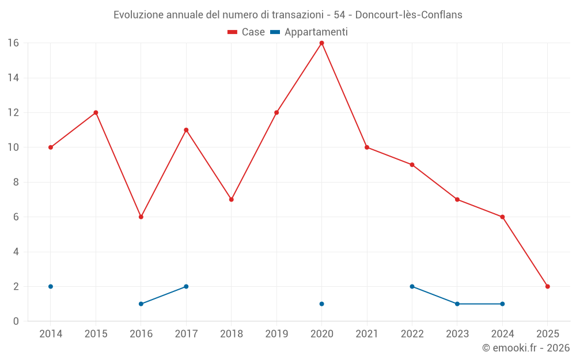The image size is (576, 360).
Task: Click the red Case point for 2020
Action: coord(321,43)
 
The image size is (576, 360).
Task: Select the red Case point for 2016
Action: coord(141,217)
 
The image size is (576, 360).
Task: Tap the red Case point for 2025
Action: coord(548,286)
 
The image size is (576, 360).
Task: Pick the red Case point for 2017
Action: coord(186,130)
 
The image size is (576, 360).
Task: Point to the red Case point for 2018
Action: coord(231,199)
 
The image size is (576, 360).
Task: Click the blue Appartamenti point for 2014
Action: coord(51,286)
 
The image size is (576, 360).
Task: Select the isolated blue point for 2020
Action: coord(321,304)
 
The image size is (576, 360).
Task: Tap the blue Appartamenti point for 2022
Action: coord(412,286)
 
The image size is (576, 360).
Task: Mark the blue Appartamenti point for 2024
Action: coord(502,304)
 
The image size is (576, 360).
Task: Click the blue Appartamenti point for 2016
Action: coord(141,304)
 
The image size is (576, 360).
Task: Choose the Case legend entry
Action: coord(246,32)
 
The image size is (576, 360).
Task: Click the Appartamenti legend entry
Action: coord(309,32)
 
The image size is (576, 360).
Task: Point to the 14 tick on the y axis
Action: coord(13,78)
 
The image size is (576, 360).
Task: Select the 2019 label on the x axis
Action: coord(276,334)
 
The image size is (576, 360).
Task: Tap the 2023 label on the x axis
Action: coord(457,334)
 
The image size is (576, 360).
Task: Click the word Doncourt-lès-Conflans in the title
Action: coord(408,15)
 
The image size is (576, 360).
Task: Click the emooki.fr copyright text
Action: coord(526,348)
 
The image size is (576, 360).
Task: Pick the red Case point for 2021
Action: coord(367,147)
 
